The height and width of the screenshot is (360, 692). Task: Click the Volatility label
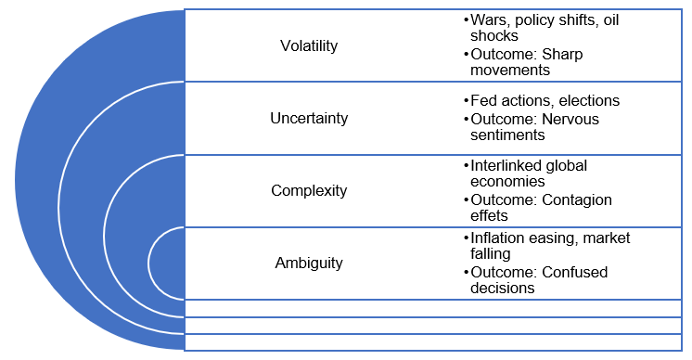pyautogui.click(x=309, y=45)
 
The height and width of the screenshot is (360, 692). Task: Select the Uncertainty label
pyautogui.click(x=309, y=118)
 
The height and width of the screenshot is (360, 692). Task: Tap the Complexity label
pyautogui.click(x=309, y=190)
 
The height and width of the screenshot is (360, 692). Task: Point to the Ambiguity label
pyautogui.click(x=309, y=263)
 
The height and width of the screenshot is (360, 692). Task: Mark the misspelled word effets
pyautogui.click(x=490, y=216)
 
